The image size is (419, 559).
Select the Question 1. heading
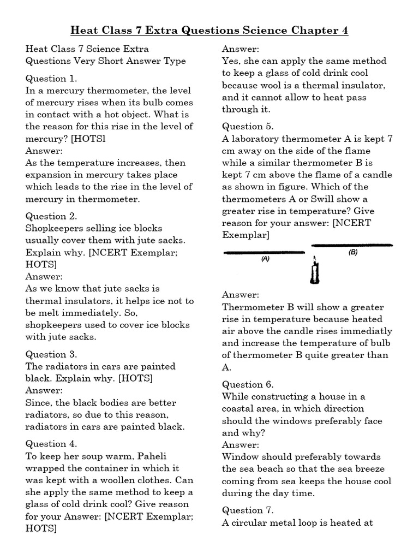tap(51, 79)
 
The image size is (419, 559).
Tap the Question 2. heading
tap(51, 216)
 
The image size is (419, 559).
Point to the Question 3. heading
tap(51, 354)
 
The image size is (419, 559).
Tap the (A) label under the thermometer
tap(266, 260)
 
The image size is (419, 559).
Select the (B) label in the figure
tap(352, 253)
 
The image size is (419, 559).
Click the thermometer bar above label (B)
tap(351, 246)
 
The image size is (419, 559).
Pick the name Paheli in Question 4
tap(162, 456)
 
